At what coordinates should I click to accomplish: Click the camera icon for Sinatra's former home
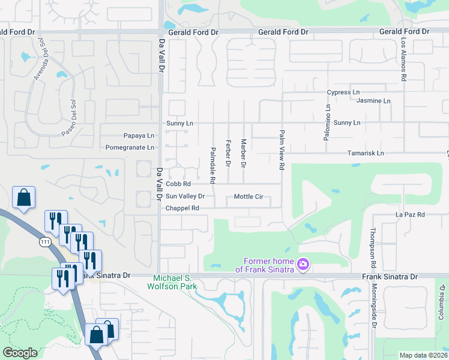pyautogui.click(x=303, y=264)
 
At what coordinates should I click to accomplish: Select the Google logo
pyautogui.click(x=20, y=353)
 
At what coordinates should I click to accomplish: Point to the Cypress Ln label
pyautogui.click(x=343, y=92)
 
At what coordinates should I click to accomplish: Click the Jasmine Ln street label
pyautogui.click(x=373, y=101)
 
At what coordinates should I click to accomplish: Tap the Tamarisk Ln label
pyautogui.click(x=365, y=154)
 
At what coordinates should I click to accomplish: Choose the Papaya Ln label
pyautogui.click(x=139, y=136)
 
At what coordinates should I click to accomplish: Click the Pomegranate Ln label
pyautogui.click(x=130, y=147)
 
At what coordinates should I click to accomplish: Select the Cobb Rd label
pyautogui.click(x=178, y=184)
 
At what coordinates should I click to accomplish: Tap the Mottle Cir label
pyautogui.click(x=249, y=196)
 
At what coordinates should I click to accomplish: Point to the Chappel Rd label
pyautogui.click(x=182, y=208)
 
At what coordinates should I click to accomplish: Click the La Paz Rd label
pyautogui.click(x=410, y=214)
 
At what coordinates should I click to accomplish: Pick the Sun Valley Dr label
pyautogui.click(x=185, y=196)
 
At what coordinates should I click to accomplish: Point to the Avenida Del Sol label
pyautogui.click(x=40, y=59)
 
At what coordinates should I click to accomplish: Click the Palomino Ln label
pyautogui.click(x=328, y=123)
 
